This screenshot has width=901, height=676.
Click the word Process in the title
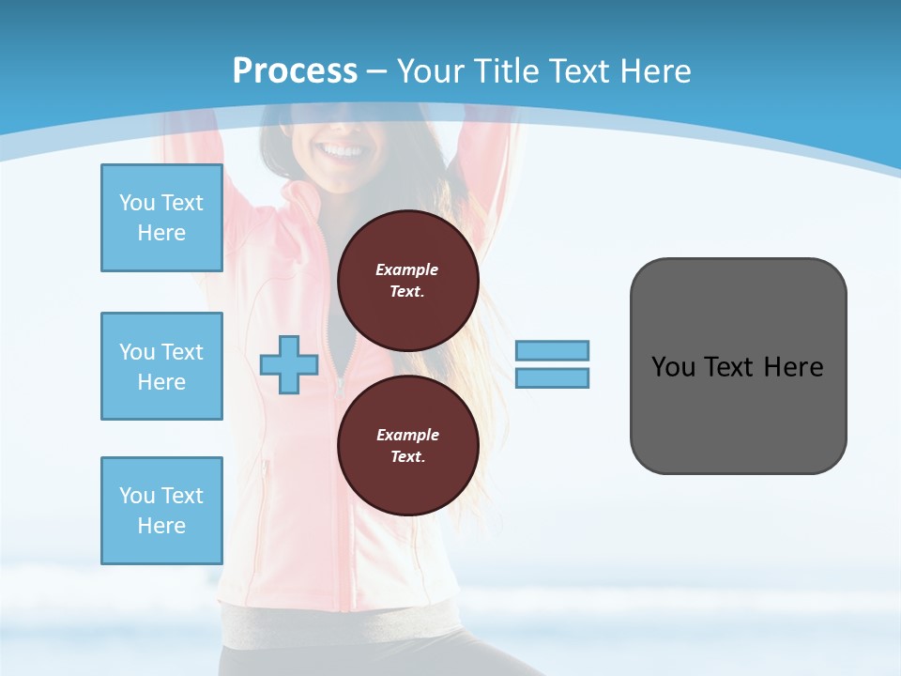295,70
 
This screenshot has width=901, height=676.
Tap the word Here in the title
654,70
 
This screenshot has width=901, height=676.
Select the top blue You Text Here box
161,218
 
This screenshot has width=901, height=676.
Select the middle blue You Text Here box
161,366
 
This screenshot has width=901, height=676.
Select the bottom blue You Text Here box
161,510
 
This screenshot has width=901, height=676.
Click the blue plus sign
288,364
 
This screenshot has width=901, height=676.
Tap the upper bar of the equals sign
552,350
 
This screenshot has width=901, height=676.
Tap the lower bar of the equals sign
552,377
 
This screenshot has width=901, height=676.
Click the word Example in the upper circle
407,269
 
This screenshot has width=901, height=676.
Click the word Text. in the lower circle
407,457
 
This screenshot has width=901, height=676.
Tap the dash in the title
376,71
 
